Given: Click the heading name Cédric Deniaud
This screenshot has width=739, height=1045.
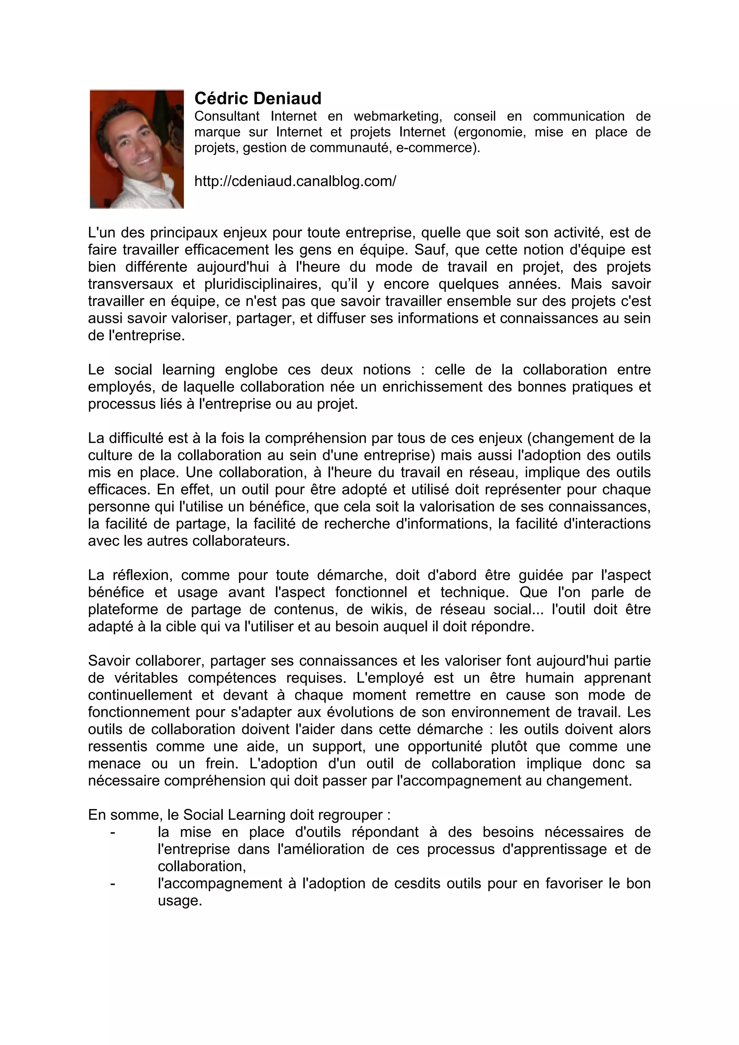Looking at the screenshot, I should [x=258, y=98].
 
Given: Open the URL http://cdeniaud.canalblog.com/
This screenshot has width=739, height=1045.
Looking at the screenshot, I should [x=295, y=181].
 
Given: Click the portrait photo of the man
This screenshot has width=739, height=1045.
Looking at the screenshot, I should [x=137, y=149].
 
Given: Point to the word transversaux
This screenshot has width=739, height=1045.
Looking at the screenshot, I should [x=130, y=284].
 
